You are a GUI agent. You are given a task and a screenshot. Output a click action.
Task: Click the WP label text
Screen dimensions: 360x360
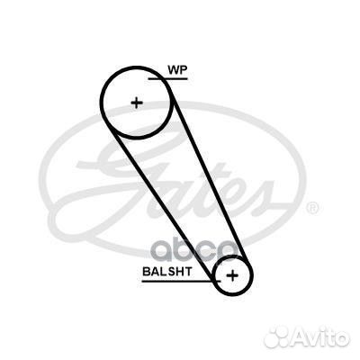coord(177,70)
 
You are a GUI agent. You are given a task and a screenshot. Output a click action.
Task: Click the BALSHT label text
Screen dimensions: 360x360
coord(167,272)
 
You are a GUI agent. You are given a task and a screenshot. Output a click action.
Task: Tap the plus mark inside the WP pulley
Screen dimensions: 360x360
coord(137,103)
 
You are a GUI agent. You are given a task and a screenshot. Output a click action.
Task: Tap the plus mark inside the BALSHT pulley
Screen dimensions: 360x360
coord(232,275)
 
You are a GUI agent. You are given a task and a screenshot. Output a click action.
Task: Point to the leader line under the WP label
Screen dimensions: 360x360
coord(168,79)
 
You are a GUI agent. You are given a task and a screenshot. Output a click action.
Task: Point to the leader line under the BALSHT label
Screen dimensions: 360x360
coord(181,281)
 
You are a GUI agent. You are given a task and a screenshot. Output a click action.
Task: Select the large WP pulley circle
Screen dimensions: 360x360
coord(101,103)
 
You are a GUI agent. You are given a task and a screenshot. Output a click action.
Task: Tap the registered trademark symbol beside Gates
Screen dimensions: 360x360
coord(313,208)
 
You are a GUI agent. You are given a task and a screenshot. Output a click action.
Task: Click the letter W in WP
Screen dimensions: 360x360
coord(173,70)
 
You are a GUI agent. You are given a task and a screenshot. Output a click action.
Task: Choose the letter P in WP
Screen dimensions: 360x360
coord(184,70)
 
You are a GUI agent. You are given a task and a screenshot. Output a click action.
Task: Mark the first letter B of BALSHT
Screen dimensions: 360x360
coord(147,272)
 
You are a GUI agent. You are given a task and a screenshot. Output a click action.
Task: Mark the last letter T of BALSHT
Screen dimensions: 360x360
coord(188,272)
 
